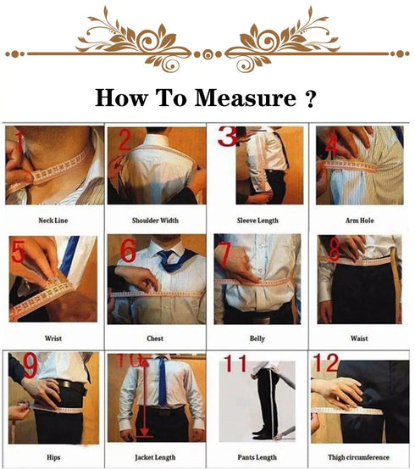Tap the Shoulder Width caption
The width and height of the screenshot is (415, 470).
click(155, 221)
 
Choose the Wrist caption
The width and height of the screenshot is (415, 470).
click(54, 338)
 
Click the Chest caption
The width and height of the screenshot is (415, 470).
click(155, 338)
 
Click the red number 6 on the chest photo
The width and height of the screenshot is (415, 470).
click(127, 251)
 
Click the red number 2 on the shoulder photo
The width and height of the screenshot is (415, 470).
click(124, 141)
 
